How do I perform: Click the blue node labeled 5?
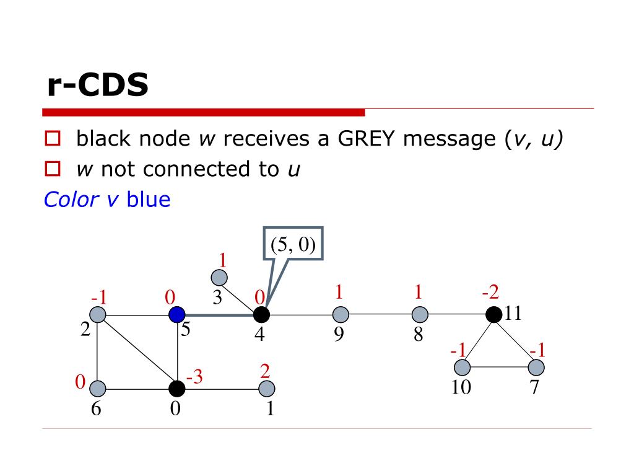[178, 315]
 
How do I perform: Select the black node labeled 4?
[261, 315]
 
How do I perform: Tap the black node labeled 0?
[177, 389]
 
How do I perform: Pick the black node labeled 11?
[493, 315]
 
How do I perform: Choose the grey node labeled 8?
[420, 315]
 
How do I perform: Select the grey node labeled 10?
[462, 368]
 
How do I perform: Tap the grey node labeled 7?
[536, 368]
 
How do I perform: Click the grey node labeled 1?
[267, 389]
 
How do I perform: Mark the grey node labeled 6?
[98, 389]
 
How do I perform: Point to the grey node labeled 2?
[98, 315]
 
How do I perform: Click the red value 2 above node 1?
[265, 371]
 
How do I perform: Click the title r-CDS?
[98, 86]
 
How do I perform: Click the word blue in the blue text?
[148, 200]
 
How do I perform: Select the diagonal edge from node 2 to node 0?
[137, 352]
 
